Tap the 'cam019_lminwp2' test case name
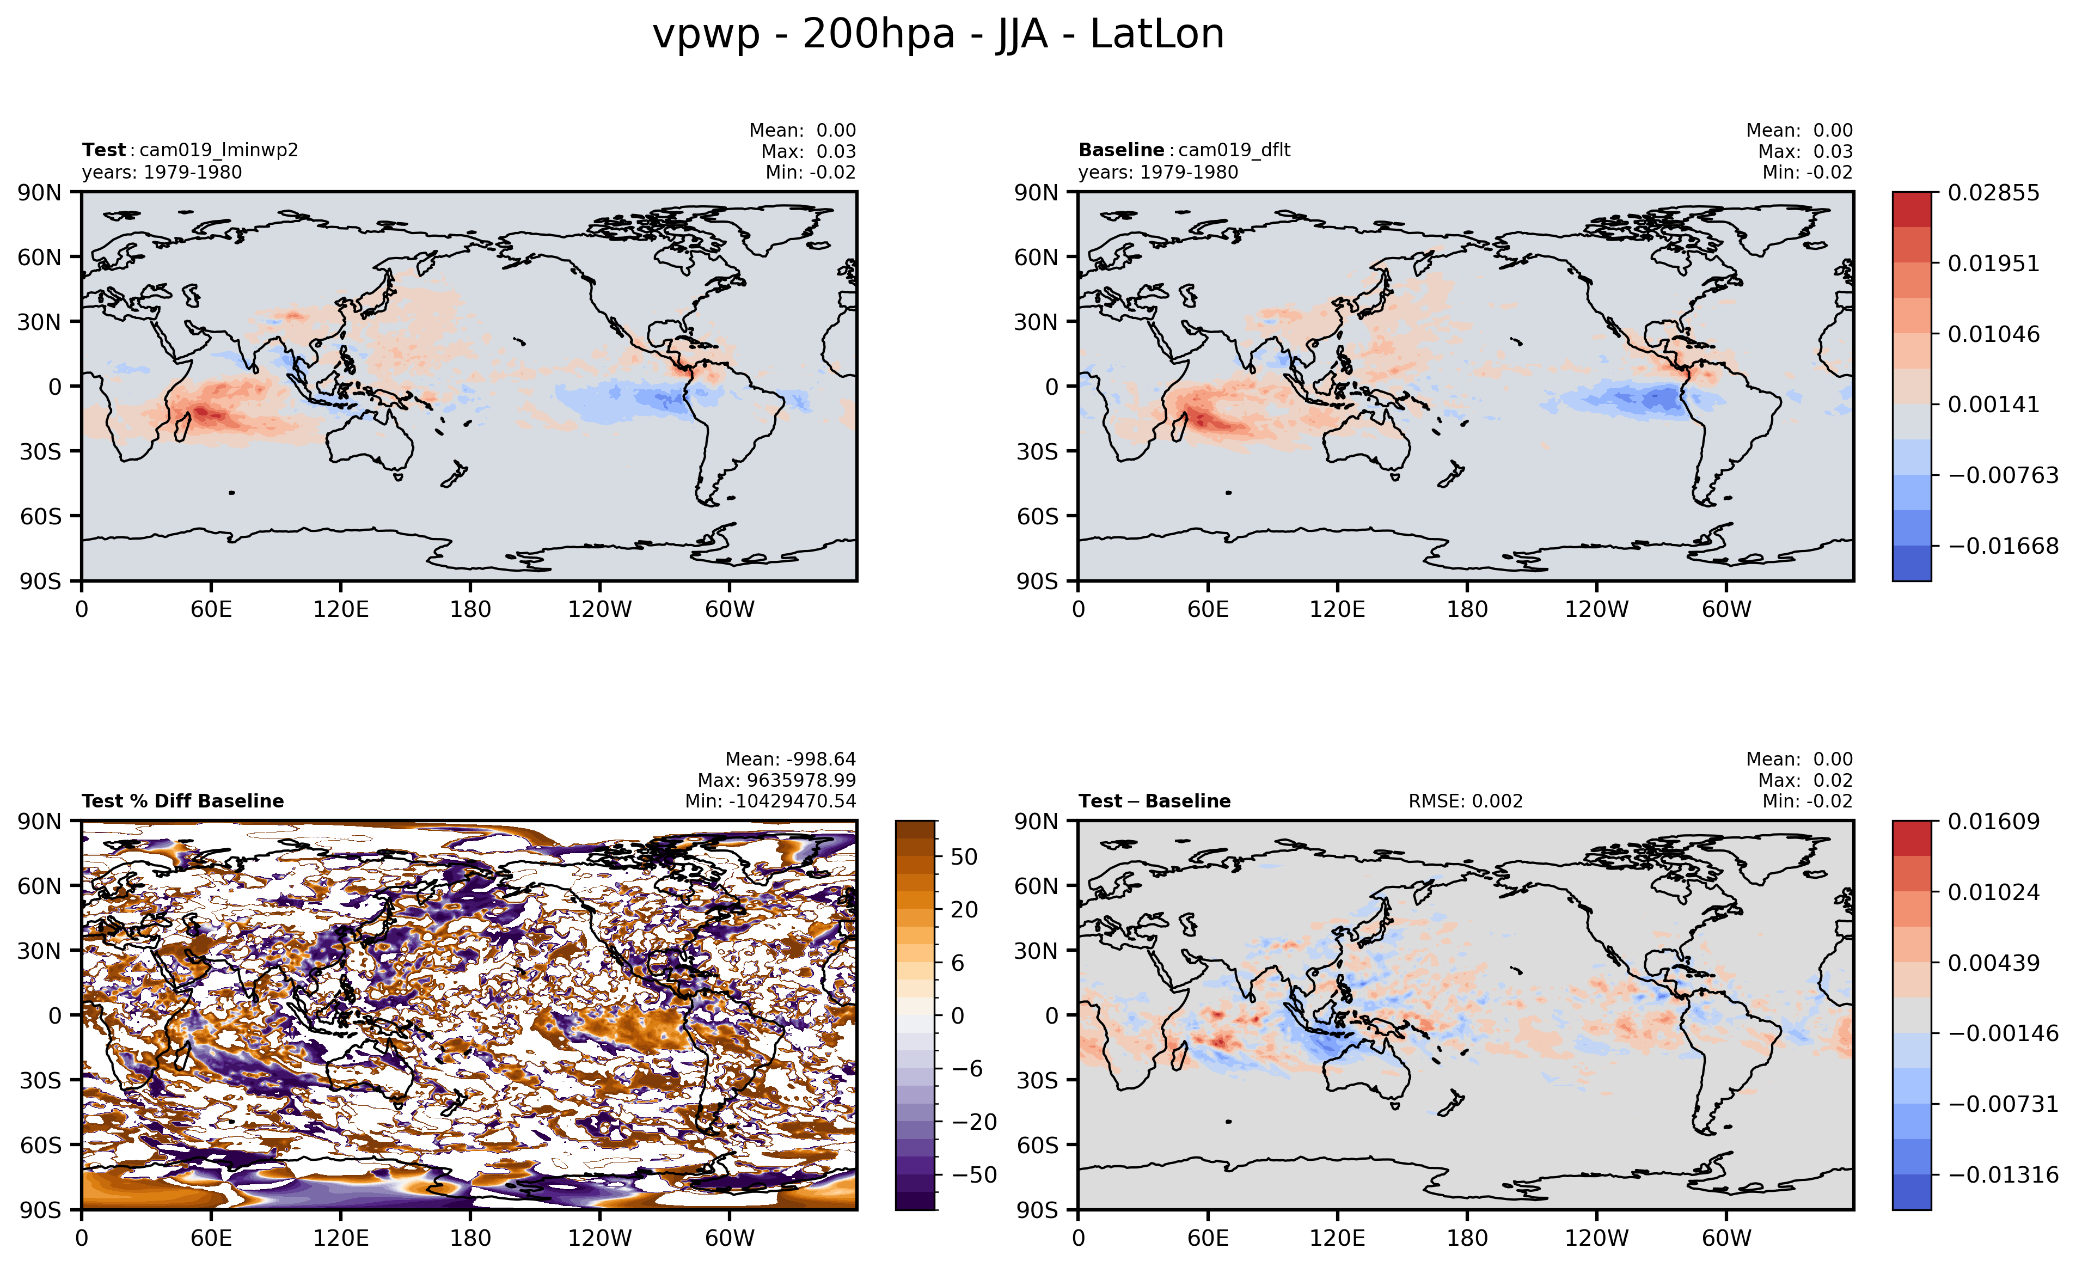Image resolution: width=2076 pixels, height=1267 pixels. click(x=218, y=150)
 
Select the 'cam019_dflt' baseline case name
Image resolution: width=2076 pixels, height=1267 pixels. click(x=1234, y=150)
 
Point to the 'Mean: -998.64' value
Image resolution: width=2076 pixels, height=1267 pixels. click(x=791, y=759)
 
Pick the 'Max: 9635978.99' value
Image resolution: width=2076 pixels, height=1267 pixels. click(x=776, y=780)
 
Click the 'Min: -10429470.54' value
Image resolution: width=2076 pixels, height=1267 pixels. click(x=770, y=801)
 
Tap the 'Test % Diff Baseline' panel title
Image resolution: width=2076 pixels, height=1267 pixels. click(x=183, y=801)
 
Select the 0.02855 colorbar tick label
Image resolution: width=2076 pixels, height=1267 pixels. click(x=1993, y=193)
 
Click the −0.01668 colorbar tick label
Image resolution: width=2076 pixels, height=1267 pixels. click(x=2002, y=546)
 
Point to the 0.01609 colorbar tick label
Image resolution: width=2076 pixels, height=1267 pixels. click(x=1993, y=822)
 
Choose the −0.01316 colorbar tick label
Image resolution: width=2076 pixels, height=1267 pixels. click(x=2002, y=1174)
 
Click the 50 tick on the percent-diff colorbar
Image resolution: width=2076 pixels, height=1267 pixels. click(x=964, y=857)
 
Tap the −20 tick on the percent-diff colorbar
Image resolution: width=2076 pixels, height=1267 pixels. click(x=974, y=1122)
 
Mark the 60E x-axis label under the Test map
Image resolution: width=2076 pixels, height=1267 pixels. click(x=211, y=609)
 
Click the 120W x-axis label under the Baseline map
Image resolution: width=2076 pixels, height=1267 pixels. click(x=1596, y=609)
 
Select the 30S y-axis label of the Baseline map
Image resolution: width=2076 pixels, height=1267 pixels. click(x=1036, y=451)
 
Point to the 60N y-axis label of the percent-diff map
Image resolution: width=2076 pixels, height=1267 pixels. click(x=40, y=886)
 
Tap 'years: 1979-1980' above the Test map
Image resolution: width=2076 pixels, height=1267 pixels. click(x=162, y=172)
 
